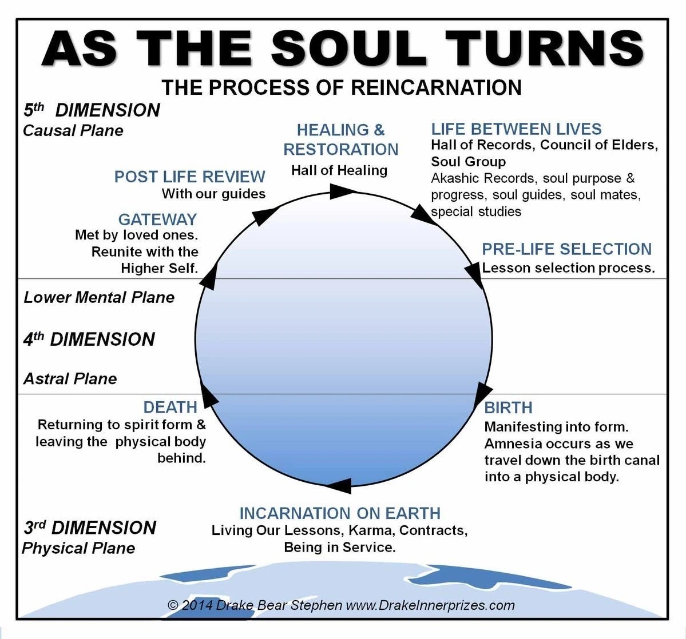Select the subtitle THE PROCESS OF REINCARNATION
[342, 87]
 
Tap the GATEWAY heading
[157, 219]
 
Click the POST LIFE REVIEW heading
[189, 176]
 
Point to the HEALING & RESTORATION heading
[340, 139]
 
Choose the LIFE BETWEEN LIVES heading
[516, 129]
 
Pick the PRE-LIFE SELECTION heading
[566, 249]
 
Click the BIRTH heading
[508, 408]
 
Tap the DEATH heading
[170, 407]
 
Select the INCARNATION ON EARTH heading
[340, 513]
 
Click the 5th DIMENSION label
[92, 110]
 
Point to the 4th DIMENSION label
[89, 339]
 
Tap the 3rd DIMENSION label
[89, 527]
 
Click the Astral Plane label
[70, 378]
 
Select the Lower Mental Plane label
[99, 297]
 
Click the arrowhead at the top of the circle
[342, 191]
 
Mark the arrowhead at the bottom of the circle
[339, 486]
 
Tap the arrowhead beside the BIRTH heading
[483, 394]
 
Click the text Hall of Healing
[339, 170]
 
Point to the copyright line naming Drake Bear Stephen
[341, 605]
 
